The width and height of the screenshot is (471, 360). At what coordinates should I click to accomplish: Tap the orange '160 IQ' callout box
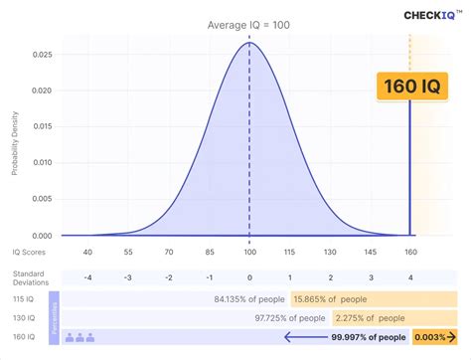coord(409,86)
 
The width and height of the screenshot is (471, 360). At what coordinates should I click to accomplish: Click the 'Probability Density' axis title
coord(16,148)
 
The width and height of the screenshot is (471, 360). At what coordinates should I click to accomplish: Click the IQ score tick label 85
coord(209,254)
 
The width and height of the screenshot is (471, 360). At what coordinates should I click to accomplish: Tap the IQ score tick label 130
coord(329,254)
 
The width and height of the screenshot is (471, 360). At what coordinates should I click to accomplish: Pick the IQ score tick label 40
coord(88,254)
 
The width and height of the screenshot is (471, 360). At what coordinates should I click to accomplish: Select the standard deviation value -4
coord(88,277)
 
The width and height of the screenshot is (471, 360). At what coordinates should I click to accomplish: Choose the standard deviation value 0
coord(248,277)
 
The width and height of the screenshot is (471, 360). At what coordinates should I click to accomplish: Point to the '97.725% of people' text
coord(288,317)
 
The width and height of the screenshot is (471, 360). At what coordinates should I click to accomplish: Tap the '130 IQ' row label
coord(27,317)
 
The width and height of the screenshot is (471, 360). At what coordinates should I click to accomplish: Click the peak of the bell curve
coord(248,43)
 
